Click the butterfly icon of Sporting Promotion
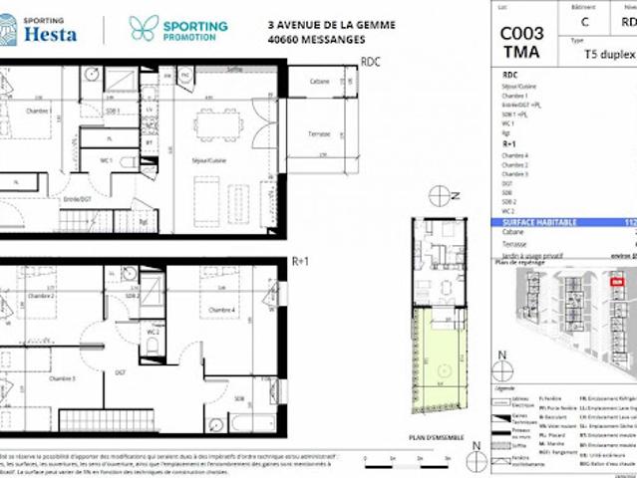pos(144,28)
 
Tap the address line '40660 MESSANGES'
pos(316,40)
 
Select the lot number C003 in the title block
pos(521,32)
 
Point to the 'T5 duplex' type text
pos(605,55)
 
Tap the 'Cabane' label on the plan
pos(319,81)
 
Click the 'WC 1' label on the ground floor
pos(105,160)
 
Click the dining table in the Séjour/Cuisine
pos(217,124)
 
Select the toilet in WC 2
pos(153,345)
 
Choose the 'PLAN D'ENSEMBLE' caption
pos(437,436)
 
